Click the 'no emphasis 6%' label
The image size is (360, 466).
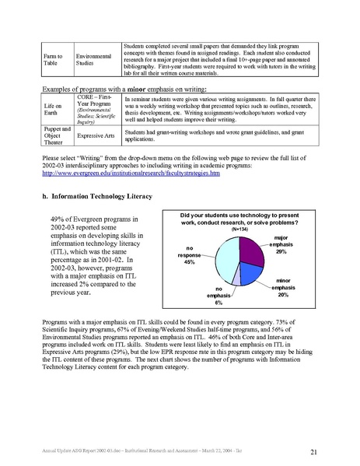tap(204, 297)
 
